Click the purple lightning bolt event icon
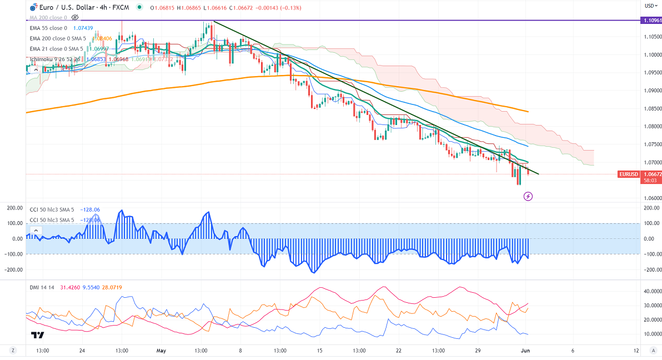tap(528, 196)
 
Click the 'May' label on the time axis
tap(162, 351)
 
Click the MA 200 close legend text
tap(48, 17)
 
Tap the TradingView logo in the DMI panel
tap(38, 334)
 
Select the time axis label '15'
tap(320, 351)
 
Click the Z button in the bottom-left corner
tap(12, 351)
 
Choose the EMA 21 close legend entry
tap(49, 49)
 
